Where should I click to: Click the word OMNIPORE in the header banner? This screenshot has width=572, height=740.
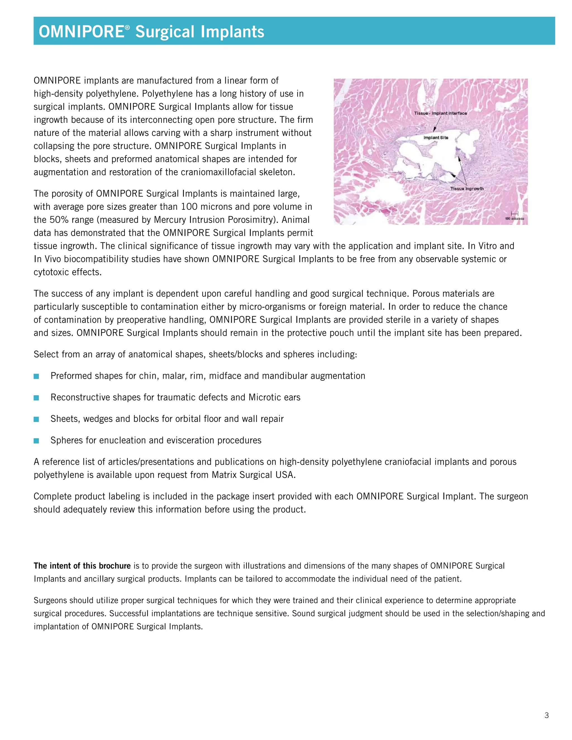81,32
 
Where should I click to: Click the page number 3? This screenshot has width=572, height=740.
546,715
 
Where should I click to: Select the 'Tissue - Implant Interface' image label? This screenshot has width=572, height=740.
440,113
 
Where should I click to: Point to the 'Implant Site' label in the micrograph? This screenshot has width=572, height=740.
435,138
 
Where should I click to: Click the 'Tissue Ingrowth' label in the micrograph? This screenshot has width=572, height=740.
467,189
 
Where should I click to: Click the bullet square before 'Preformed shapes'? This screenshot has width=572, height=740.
36,376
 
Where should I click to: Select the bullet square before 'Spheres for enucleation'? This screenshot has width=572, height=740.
36,441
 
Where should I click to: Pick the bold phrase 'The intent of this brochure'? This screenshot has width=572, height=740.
82,566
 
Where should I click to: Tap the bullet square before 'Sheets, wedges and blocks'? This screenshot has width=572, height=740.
36,419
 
